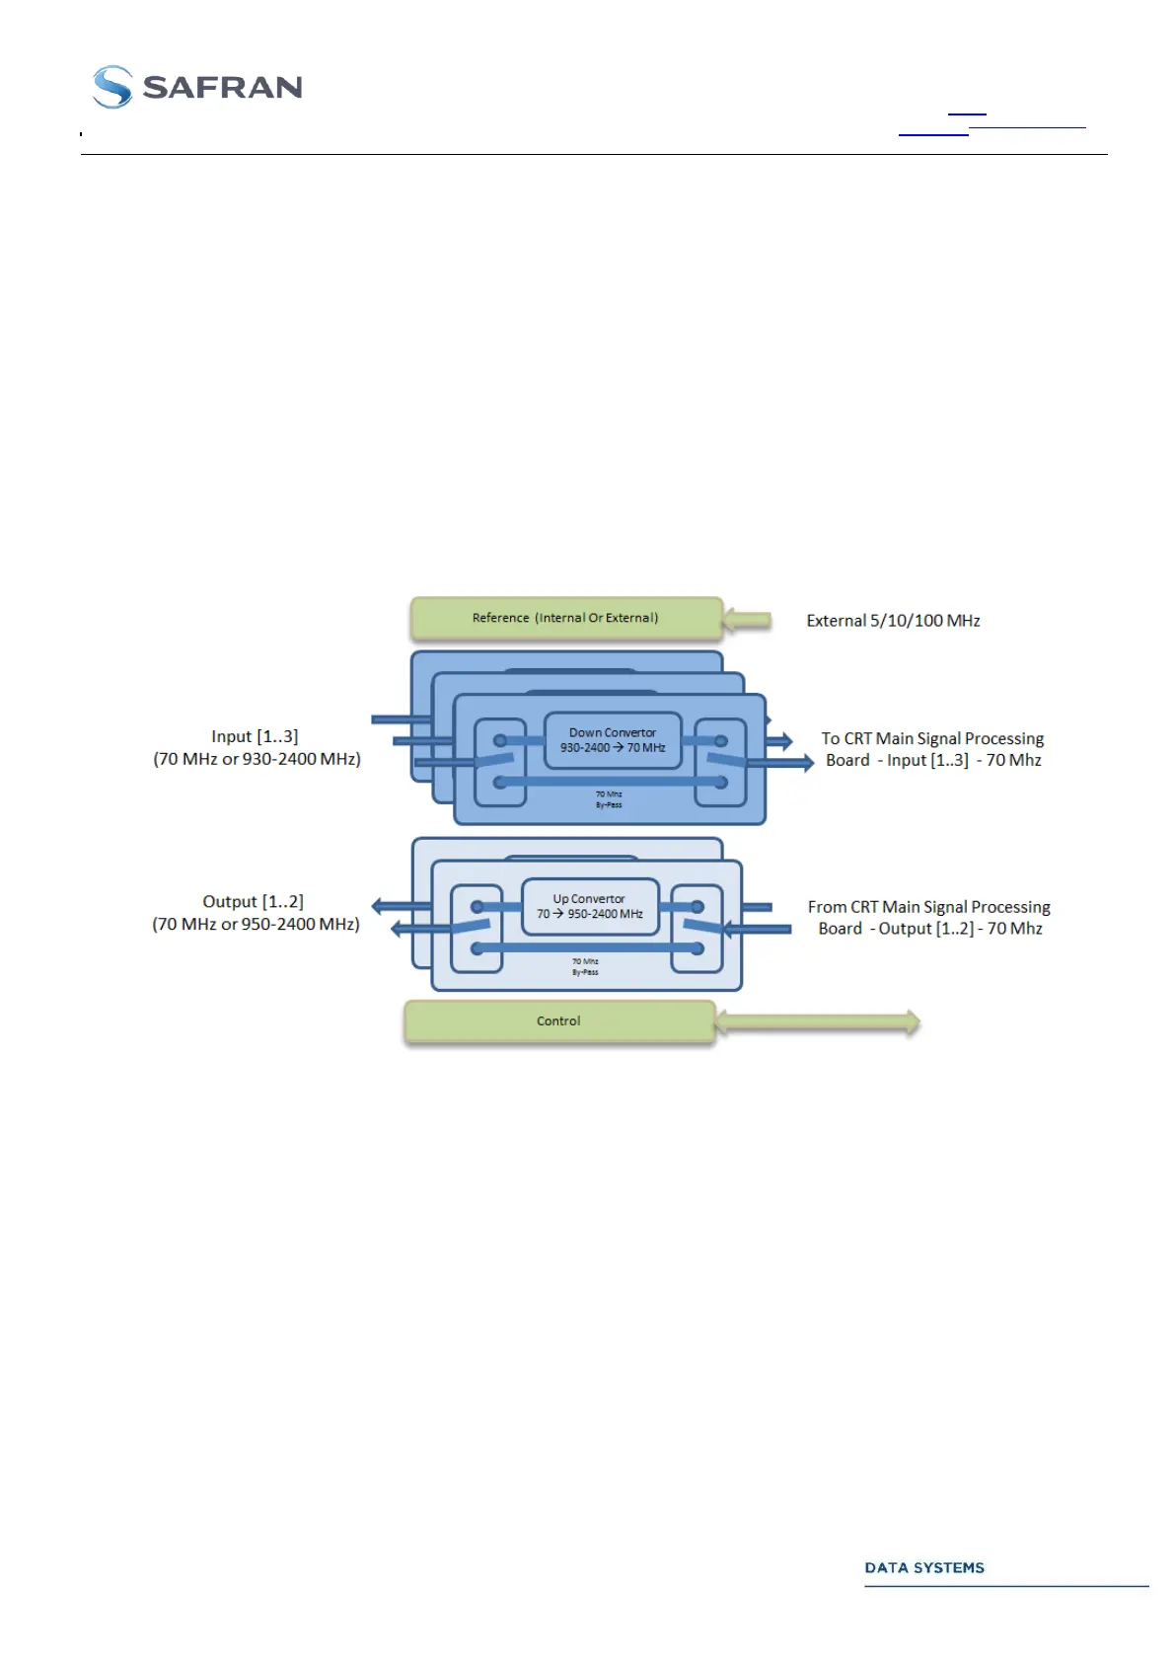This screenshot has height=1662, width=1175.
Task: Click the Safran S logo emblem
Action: click(112, 87)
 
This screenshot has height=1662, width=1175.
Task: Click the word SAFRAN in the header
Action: click(222, 88)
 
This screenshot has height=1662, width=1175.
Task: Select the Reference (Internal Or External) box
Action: click(565, 619)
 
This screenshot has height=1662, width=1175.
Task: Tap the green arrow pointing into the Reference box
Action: click(747, 620)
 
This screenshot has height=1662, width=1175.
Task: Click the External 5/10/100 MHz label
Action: click(893, 621)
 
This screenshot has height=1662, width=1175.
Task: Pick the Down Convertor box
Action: click(613, 740)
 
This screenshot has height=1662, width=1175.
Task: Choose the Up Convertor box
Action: click(589, 906)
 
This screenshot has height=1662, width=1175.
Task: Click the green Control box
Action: click(558, 1021)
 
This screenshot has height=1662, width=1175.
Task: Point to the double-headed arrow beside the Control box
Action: click(818, 1022)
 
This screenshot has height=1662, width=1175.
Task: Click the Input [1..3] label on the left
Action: click(255, 736)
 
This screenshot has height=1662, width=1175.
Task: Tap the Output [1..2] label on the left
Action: click(253, 902)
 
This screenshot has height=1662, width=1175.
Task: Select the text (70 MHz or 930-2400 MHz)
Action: click(257, 759)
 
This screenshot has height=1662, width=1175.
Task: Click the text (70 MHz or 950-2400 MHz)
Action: click(256, 925)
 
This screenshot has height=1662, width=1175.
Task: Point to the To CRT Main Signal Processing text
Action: click(932, 738)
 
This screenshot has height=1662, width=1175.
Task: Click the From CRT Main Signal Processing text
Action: click(928, 907)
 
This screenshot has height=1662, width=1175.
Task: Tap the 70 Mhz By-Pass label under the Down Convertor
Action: click(609, 799)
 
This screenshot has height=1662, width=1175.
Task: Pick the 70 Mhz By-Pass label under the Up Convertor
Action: click(585, 966)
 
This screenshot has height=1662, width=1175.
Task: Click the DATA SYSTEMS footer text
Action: click(924, 1568)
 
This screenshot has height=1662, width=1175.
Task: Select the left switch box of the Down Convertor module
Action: click(500, 762)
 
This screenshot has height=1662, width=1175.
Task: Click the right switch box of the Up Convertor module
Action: click(698, 929)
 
